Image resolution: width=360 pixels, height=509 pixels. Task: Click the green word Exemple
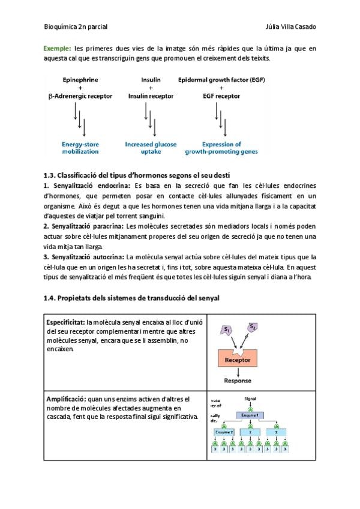click(57, 48)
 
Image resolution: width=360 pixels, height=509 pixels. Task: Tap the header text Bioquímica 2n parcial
click(76, 27)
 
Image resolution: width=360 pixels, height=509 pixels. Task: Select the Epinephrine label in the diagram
click(80, 80)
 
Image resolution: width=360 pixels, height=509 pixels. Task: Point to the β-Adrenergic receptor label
click(80, 96)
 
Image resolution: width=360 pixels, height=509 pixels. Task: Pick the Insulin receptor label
click(151, 96)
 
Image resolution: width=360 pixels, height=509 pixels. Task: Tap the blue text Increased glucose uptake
click(151, 148)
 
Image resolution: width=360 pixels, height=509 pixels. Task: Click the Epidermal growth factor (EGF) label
click(222, 80)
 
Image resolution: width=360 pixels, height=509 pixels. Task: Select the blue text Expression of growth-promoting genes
click(221, 148)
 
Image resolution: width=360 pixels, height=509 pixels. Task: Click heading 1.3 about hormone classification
click(136, 175)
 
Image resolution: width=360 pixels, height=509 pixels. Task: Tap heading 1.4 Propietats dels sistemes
click(132, 298)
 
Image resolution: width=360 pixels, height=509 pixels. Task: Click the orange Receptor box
click(238, 360)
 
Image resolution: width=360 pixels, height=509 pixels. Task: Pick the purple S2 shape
click(253, 327)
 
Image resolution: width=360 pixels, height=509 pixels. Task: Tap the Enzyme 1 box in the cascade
click(250, 415)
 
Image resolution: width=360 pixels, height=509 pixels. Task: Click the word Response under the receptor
click(238, 381)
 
